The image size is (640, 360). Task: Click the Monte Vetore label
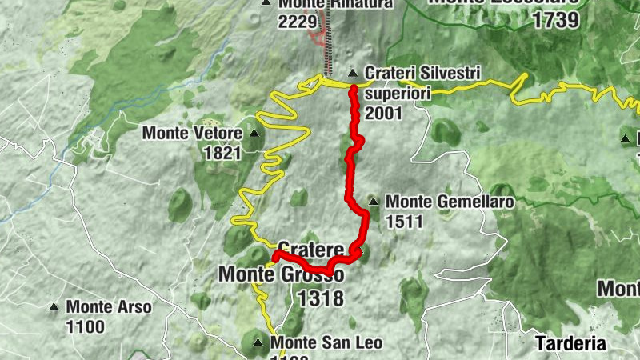tap(192, 134)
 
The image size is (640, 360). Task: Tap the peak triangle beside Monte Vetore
tap(255, 134)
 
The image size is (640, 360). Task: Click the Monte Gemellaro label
tap(449, 202)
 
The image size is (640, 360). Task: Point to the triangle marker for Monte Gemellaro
tap(373, 201)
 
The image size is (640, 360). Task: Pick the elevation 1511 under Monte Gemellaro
tap(404, 222)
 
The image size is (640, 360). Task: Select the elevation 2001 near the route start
tap(383, 114)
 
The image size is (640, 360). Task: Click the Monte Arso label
tap(109, 306)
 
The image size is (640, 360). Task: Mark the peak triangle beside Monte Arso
tap(54, 306)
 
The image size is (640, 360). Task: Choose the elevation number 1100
tap(86, 326)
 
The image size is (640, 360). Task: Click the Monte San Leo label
tap(326, 343)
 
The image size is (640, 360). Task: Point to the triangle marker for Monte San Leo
tap(258, 343)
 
